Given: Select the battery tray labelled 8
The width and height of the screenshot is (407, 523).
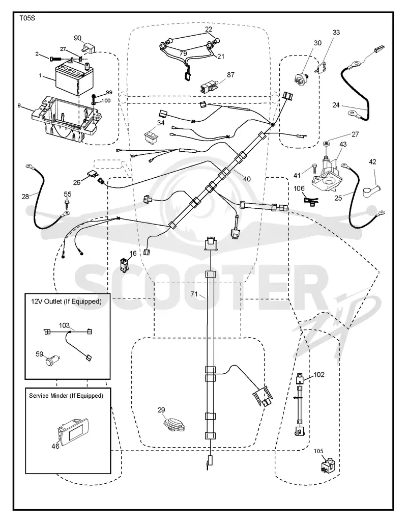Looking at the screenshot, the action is [x=66, y=119].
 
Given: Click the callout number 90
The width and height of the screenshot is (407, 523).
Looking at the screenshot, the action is [x=77, y=38].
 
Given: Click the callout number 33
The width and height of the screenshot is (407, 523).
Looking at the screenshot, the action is [x=336, y=33].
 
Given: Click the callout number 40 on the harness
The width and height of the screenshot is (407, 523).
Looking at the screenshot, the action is [x=247, y=179].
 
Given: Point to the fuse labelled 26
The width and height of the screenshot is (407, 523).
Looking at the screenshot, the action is [x=92, y=174].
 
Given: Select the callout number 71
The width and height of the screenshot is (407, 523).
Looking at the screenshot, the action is [x=194, y=294].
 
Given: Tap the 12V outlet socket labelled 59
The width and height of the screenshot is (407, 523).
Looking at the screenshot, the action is [x=52, y=361].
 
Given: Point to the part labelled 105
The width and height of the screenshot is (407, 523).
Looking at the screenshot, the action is [x=327, y=465].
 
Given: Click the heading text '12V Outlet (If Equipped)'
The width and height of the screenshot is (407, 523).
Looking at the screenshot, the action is [x=66, y=301].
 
